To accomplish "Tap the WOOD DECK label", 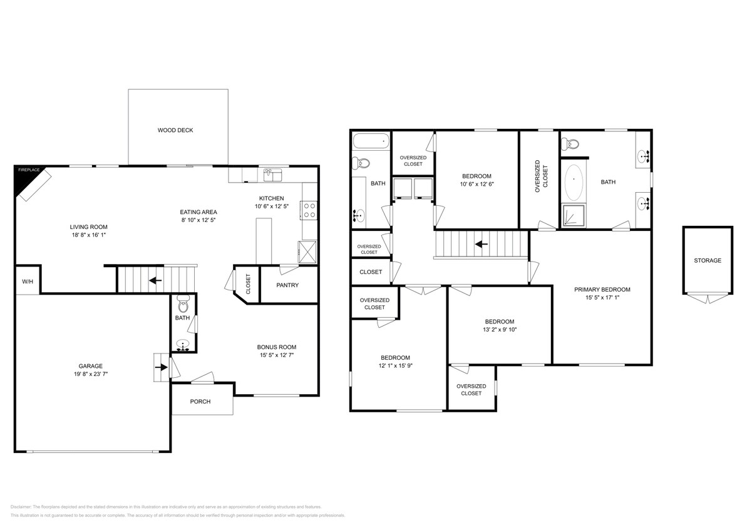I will click(x=175, y=131).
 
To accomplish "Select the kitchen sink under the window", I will click(x=272, y=175).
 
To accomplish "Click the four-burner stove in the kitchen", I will click(x=309, y=210).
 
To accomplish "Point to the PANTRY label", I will click(x=287, y=285).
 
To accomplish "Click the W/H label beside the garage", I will click(x=28, y=282).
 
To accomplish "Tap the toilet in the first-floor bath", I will click(x=183, y=306).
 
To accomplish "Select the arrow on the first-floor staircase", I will click(x=155, y=280).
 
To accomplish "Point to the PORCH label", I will click(x=200, y=402).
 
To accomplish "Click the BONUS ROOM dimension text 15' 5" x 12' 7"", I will click(x=276, y=355).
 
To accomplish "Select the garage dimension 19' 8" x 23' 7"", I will click(x=90, y=374).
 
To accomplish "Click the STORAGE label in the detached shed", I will click(x=707, y=261).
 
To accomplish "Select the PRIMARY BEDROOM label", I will click(x=602, y=290).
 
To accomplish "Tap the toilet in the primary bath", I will click(x=570, y=145).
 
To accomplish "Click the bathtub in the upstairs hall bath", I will click(x=371, y=141).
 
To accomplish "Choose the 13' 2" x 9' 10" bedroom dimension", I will click(x=499, y=330).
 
